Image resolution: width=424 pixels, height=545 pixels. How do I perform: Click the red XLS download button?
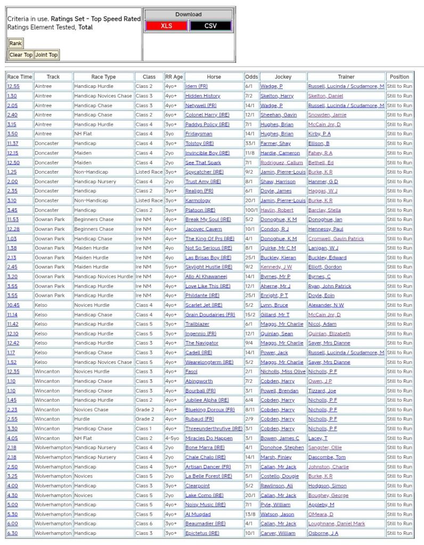[166, 26]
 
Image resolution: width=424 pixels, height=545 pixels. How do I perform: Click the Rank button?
[15, 43]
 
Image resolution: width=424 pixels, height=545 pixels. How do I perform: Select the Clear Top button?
[21, 55]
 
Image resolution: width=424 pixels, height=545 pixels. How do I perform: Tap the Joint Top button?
[46, 55]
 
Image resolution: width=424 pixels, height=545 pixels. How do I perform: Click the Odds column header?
[251, 77]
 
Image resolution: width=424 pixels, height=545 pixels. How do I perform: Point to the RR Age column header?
[174, 77]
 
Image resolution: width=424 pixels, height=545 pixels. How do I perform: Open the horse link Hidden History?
[202, 96]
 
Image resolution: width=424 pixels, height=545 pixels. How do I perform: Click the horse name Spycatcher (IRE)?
[205, 172]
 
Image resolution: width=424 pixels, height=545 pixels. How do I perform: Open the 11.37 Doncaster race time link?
[13, 143]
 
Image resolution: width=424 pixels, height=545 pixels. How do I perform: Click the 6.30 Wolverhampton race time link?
[12, 533]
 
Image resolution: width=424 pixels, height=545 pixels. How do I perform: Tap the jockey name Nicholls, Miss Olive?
[283, 371]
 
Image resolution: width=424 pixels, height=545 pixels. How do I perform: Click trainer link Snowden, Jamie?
[327, 115]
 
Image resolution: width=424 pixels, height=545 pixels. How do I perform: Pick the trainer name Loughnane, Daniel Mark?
[337, 524]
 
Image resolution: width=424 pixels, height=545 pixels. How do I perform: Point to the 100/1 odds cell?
[251, 210]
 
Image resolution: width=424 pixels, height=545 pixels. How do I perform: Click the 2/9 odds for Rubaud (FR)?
[249, 419]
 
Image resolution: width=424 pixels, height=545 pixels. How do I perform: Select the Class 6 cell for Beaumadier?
[144, 524]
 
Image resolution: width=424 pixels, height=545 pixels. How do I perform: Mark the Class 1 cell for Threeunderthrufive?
[144, 428]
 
